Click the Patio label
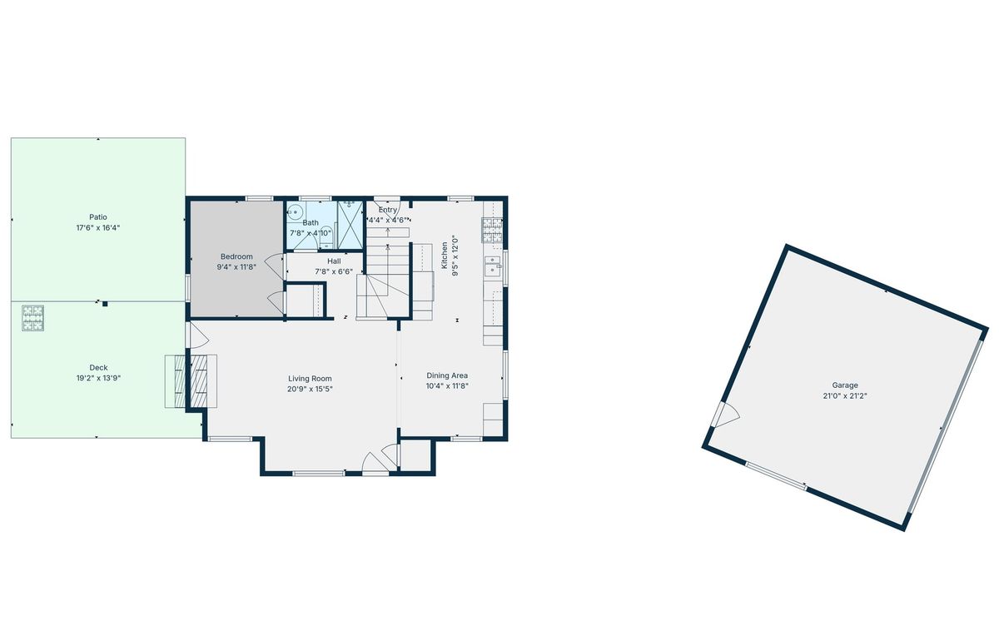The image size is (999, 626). [x=98, y=217]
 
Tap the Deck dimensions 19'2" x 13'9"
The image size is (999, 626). [x=98, y=379]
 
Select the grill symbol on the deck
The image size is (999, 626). [x=33, y=318]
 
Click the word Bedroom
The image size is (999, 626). [x=236, y=256]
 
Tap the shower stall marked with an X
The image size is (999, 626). [x=350, y=225]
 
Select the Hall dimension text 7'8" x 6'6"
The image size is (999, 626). [x=334, y=271]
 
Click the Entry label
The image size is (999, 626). [x=388, y=210]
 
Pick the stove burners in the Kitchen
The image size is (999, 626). [x=492, y=229]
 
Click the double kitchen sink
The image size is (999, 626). [x=493, y=266]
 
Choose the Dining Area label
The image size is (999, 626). [x=447, y=375]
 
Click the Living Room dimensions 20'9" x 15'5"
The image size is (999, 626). [x=310, y=390]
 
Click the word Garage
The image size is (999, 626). [x=845, y=385]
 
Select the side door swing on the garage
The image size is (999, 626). [x=726, y=415]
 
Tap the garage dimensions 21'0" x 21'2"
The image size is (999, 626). [x=845, y=396]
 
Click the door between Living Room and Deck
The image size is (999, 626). [x=197, y=335]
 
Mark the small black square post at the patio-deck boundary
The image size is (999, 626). [x=105, y=304]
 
